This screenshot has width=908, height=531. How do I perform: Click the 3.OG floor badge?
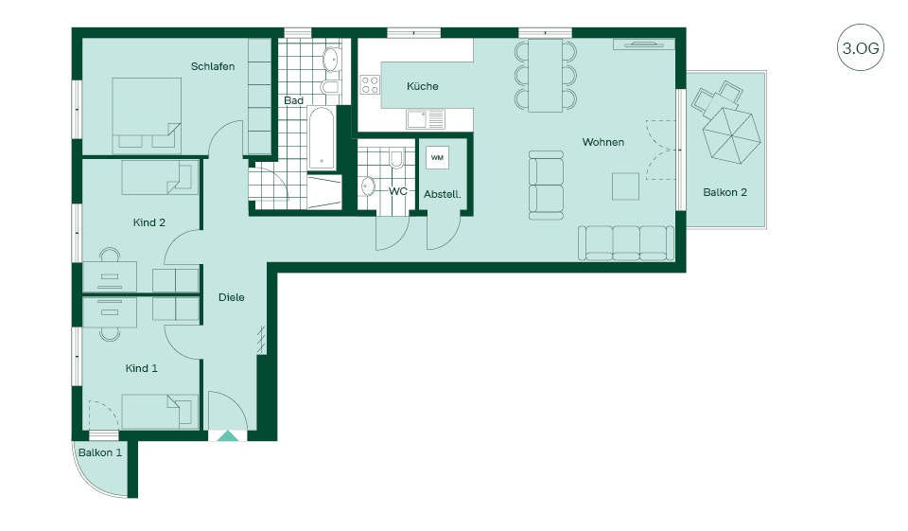(x=861, y=47)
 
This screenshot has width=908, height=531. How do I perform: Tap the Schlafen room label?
(x=213, y=66)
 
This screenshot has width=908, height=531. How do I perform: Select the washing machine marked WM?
(x=437, y=158)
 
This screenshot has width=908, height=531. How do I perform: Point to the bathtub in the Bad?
(x=321, y=138)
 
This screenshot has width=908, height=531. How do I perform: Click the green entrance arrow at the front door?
(x=228, y=436)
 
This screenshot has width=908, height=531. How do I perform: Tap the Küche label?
(x=422, y=86)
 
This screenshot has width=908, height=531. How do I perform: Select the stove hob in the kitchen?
(x=370, y=84)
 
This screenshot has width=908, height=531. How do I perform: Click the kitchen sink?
(x=425, y=120)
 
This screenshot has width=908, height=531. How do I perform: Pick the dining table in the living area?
(x=546, y=76)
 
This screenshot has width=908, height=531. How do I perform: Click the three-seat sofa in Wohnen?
(x=626, y=243)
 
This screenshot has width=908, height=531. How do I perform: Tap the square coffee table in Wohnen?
(x=625, y=186)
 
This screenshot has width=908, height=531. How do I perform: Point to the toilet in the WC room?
(x=396, y=158)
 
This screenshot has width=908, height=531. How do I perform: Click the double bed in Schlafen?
(x=147, y=115)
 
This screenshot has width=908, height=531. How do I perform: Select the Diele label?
(x=231, y=297)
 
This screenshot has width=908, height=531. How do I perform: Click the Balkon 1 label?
(x=100, y=452)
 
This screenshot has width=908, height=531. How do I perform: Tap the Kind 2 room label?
(x=148, y=222)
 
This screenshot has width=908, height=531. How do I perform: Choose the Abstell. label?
(x=443, y=194)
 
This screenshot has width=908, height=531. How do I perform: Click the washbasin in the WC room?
(x=368, y=186)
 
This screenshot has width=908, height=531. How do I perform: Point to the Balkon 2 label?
(x=725, y=192)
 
